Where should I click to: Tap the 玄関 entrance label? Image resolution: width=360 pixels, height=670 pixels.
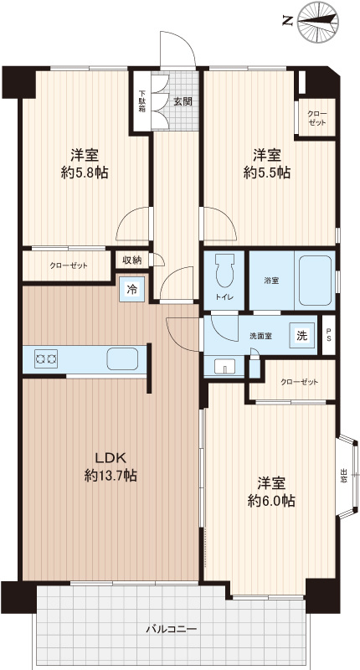[183, 101]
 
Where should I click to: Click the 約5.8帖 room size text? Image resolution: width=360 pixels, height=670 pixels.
[85, 173]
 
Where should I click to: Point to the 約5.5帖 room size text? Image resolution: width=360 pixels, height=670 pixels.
[267, 173]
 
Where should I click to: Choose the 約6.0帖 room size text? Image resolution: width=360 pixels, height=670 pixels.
[271, 501]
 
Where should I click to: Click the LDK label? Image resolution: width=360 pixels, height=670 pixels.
[110, 458]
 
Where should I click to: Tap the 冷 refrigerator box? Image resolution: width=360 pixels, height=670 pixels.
[132, 290]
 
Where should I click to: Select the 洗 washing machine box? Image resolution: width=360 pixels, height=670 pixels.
[301, 336]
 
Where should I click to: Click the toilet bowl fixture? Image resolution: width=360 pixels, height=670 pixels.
[224, 271]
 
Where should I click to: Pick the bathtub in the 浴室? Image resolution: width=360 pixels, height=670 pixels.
[315, 280]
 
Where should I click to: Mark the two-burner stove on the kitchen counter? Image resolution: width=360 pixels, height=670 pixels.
[46, 359]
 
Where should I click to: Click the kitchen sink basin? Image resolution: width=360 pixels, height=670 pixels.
[122, 358]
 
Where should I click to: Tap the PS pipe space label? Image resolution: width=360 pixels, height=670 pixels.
[328, 336]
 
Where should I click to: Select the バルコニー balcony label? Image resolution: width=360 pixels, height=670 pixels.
[172, 630]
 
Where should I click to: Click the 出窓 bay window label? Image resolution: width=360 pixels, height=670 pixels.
[344, 476]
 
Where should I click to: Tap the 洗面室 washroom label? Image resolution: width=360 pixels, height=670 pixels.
[261, 336]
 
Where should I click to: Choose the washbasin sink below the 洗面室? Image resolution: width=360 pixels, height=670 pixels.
[224, 366]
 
